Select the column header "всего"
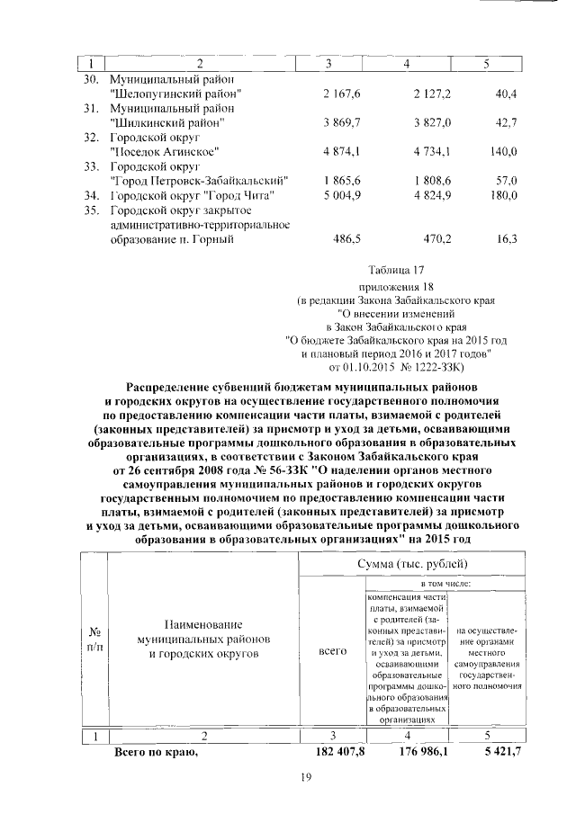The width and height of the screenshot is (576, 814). point(333,651)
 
